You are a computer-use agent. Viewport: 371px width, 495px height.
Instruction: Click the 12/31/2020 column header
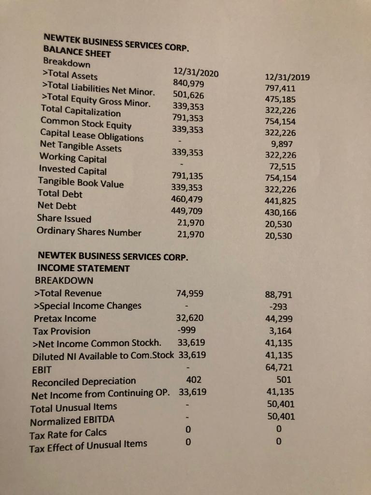point(196,73)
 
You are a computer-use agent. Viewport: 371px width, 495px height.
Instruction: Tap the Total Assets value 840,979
point(189,84)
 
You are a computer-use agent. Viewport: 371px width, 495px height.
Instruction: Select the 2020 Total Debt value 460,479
point(187,199)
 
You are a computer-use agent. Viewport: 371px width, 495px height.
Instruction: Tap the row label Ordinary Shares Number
point(89,232)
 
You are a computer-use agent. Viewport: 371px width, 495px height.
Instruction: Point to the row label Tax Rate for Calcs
point(68,432)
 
